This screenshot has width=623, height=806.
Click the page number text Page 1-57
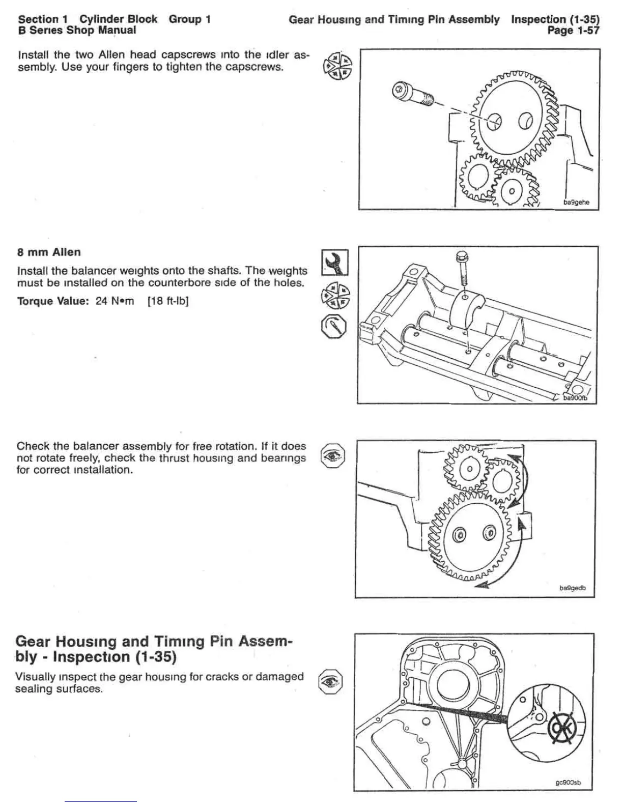pos(573,31)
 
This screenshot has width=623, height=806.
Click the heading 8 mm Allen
pos(49,252)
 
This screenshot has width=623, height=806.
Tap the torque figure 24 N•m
pos(115,301)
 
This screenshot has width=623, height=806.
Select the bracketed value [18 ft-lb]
pos(168,301)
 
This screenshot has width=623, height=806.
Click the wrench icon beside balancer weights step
pos(335,263)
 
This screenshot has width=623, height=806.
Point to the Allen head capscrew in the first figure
pos(412,95)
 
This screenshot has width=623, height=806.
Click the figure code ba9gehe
pos(576,202)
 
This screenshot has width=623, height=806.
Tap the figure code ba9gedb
pos(573,588)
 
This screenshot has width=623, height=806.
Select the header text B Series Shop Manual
pos(77,31)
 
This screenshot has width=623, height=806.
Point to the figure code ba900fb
pos(575,398)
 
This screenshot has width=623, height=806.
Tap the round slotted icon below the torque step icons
pos(334,326)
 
